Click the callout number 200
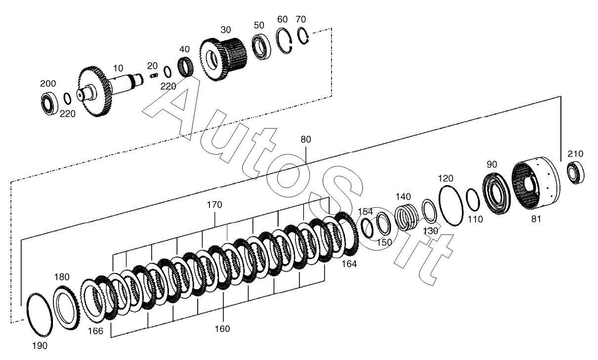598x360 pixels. click(x=48, y=84)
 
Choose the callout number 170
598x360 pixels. click(x=214, y=205)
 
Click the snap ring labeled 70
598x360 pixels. click(x=303, y=36)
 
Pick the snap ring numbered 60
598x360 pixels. click(x=284, y=41)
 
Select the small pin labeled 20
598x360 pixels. click(x=154, y=75)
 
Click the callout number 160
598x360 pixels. click(x=222, y=328)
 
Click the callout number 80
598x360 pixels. click(x=306, y=139)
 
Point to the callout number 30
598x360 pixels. click(x=225, y=29)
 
